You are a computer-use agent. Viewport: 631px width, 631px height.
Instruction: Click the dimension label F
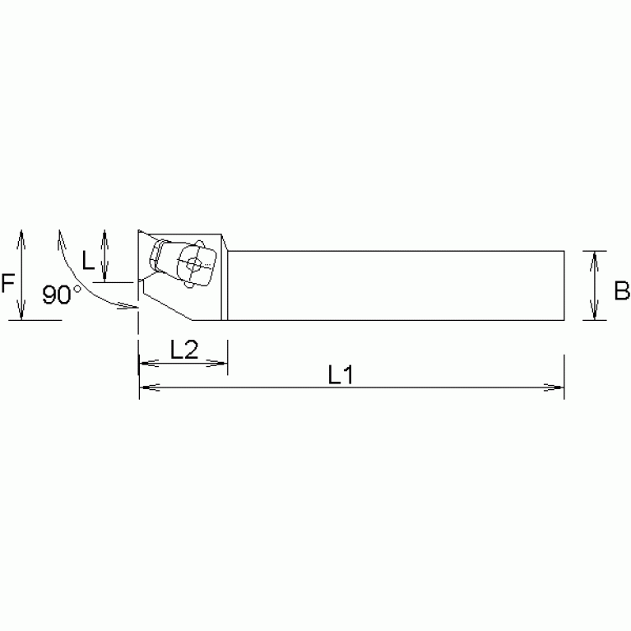pos(7,285)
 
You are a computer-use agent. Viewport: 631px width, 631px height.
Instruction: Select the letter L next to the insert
pos(89,261)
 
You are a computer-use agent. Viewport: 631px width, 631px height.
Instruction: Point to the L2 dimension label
pos(183,349)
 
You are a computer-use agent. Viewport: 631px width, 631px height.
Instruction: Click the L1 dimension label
pos(340,375)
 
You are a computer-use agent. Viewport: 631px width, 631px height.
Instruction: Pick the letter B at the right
pos(622,290)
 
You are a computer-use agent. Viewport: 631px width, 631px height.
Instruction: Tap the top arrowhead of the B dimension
pos(594,255)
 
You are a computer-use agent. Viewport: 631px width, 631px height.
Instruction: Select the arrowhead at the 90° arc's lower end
pos(132,307)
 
